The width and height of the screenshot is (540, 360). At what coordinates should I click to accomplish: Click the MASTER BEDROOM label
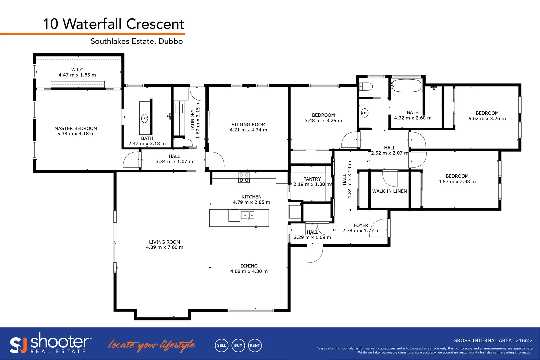coord(76,128)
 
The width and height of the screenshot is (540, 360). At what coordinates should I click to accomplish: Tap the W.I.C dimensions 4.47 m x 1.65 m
coord(77,75)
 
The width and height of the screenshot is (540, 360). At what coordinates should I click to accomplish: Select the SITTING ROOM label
coord(248,124)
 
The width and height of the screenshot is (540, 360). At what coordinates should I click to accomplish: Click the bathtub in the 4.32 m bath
coord(406,86)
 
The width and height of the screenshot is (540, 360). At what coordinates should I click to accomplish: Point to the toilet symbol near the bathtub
coord(366,87)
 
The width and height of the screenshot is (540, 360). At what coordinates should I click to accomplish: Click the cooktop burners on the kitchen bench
coord(244,177)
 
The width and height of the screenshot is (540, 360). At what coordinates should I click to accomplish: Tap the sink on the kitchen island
coord(247,216)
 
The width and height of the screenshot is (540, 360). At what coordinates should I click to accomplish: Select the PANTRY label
coord(312,179)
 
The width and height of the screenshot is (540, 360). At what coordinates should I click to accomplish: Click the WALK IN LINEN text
coord(389,191)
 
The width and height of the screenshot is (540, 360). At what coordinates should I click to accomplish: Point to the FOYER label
coord(361,225)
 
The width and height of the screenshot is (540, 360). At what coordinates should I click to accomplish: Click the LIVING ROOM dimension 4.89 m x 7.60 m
coord(164,247)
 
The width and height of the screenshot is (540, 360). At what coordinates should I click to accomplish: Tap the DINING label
coord(249,266)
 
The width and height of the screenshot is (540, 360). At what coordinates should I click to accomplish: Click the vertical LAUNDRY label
coord(192,120)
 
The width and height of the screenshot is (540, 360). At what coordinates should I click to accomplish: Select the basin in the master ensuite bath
coord(145,118)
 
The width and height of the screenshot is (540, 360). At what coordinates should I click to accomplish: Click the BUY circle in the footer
coord(238,345)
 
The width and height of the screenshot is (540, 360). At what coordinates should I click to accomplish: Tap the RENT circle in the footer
coord(255,345)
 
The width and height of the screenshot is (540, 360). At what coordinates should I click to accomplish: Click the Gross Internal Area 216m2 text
coord(493,340)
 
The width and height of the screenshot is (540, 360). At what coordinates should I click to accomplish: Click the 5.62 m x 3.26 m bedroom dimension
coord(487,119)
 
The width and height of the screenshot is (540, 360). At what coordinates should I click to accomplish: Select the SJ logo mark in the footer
coord(18,345)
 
